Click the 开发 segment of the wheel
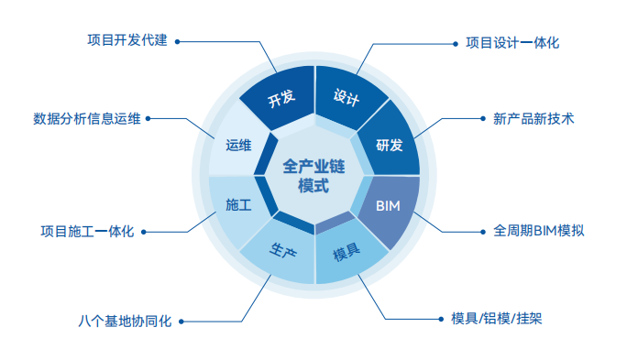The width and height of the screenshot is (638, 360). [280, 100]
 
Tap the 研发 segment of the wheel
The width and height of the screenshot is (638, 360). [389, 144]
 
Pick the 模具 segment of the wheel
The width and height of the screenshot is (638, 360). [346, 252]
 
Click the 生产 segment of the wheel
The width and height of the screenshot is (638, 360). [281, 249]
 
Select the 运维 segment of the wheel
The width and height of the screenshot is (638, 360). [238, 144]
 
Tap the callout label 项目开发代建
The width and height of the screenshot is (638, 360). [127, 40]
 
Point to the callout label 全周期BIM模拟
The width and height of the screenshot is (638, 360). [538, 230]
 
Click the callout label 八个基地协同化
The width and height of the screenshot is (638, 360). [125, 322]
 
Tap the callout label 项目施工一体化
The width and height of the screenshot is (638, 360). [88, 231]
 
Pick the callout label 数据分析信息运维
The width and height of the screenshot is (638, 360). [87, 118]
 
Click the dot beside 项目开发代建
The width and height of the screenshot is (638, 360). [176, 40]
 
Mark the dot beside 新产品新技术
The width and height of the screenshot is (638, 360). [483, 118]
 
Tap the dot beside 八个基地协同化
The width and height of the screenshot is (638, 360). [181, 322]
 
